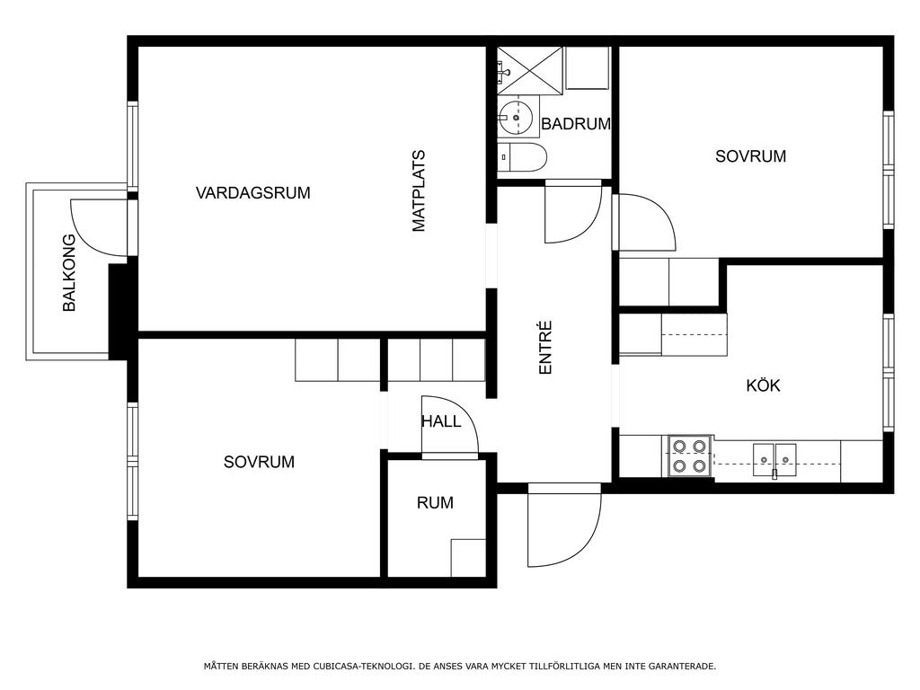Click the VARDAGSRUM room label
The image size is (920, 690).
[252, 192]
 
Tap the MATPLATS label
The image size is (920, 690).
[419, 191]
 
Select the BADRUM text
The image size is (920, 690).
[576, 124]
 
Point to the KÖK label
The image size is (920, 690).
[763, 385]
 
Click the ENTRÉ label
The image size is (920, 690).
[545, 348]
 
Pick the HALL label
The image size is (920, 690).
[440, 421]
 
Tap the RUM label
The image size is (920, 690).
[435, 502]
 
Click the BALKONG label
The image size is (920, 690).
[69, 273]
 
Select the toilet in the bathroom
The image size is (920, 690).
[522, 157]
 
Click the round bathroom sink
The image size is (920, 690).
[516, 118]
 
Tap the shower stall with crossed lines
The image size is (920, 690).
[530, 70]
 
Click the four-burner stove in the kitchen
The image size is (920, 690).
[689, 456]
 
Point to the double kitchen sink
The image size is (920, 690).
[774, 460]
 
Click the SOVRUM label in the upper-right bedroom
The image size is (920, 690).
[750, 156]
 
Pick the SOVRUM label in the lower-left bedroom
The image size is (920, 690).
[259, 462]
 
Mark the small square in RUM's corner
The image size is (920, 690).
[468, 557]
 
